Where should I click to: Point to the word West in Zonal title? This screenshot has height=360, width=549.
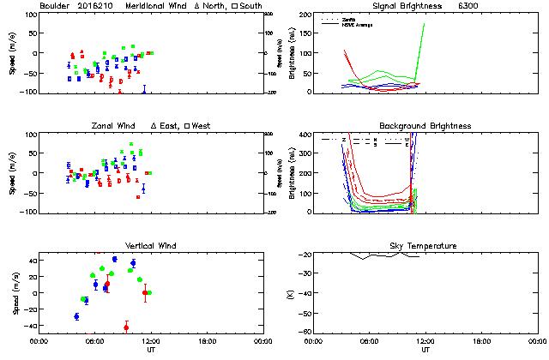click(203, 126)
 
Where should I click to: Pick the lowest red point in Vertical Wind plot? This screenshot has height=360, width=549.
click(126, 327)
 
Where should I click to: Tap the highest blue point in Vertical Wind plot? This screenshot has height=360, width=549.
click(114, 259)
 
